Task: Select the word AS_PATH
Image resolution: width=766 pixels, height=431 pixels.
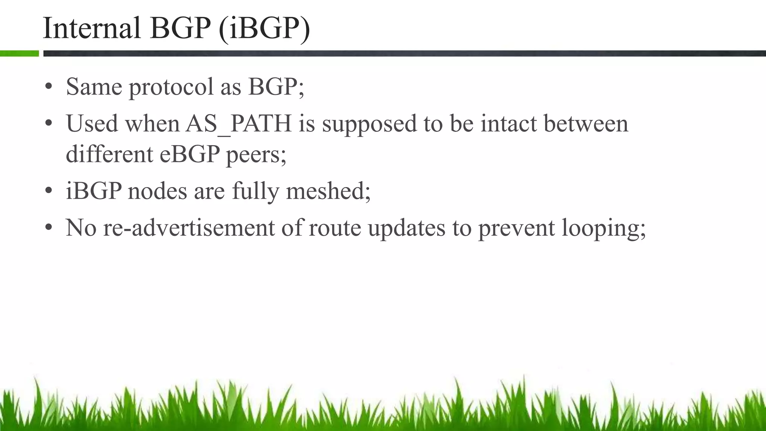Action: click(239, 123)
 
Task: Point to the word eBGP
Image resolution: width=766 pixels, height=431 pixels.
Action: click(190, 154)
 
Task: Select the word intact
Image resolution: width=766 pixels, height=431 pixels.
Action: click(508, 123)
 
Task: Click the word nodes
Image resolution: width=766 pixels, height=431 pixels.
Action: click(157, 191)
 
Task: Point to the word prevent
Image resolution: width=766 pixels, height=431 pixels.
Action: click(517, 228)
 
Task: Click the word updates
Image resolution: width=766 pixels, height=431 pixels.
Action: click(407, 228)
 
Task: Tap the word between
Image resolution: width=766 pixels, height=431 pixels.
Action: click(586, 123)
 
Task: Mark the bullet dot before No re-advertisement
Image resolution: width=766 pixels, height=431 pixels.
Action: click(48, 228)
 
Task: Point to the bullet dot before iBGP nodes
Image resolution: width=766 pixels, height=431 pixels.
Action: click(48, 192)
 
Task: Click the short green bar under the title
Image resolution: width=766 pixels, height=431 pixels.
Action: click(19, 54)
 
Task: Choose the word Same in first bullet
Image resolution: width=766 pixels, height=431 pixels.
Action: click(94, 87)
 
